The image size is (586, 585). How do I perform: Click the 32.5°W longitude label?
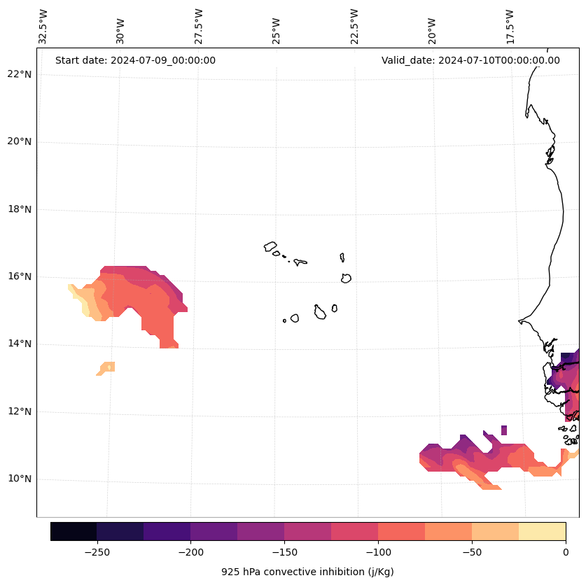pyautogui.click(x=43, y=27)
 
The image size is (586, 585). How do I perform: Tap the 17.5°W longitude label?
pyautogui.click(x=510, y=27)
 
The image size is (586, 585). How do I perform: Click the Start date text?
pyautogui.click(x=135, y=60)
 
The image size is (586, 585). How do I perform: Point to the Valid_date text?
pyautogui.click(x=470, y=60)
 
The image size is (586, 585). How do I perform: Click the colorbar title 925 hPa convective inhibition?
pyautogui.click(x=307, y=572)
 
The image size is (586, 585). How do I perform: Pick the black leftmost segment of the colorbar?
pyautogui.click(x=74, y=531)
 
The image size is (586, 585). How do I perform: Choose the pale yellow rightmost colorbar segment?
pyautogui.click(x=543, y=531)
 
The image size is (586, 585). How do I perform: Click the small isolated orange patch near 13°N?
pyautogui.click(x=107, y=367)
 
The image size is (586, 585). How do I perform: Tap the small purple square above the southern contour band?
pyautogui.click(x=504, y=430)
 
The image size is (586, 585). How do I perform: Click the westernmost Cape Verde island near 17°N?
pyautogui.click(x=270, y=246)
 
